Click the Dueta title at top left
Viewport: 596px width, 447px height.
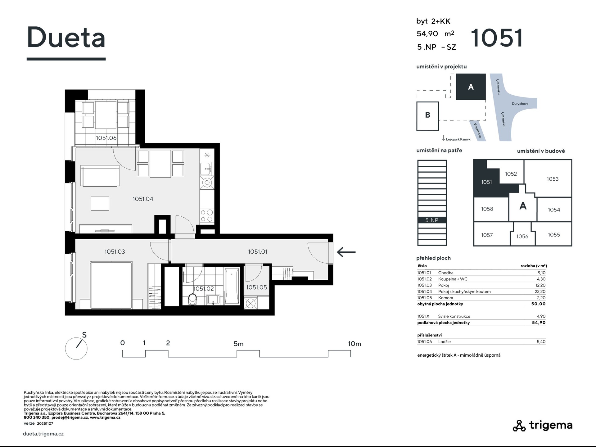click(66, 37)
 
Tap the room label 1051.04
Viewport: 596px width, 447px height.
click(143, 199)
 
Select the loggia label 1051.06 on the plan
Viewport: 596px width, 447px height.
click(106, 138)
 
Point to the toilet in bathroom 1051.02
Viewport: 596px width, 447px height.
click(192, 300)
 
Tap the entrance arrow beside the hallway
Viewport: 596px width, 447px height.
click(346, 252)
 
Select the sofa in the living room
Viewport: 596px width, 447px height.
click(100, 176)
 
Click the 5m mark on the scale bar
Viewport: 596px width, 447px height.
click(238, 344)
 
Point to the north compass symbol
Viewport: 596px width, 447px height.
click(76, 347)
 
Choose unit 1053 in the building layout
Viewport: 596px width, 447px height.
click(553, 179)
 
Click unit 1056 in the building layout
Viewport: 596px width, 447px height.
click(522, 237)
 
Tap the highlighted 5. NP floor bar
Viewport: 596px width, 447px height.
click(432, 220)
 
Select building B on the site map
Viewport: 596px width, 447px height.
click(427, 116)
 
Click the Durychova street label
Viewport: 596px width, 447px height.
click(520, 104)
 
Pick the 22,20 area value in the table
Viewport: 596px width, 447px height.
click(541, 291)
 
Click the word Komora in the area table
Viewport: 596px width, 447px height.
click(445, 298)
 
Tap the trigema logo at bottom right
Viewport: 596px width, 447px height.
click(542, 425)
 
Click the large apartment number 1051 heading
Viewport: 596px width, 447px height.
click(497, 38)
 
